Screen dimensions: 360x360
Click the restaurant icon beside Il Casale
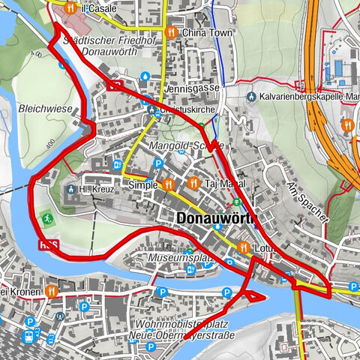point(69,8)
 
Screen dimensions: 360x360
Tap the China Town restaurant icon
point(172,32)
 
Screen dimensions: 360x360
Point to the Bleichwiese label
point(46,109)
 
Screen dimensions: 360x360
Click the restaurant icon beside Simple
point(169,184)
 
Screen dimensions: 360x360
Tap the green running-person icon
point(46,218)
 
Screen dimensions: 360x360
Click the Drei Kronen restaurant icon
point(51,291)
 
